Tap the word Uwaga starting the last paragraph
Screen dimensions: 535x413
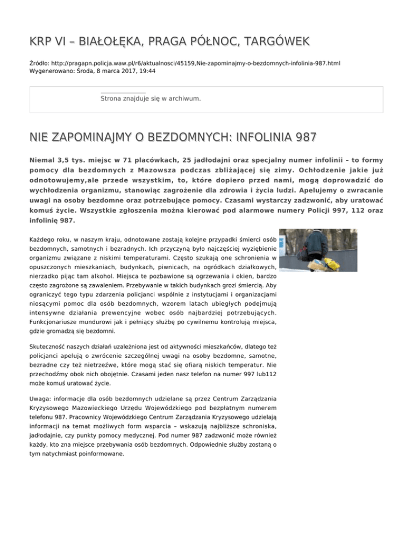click(39, 399)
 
